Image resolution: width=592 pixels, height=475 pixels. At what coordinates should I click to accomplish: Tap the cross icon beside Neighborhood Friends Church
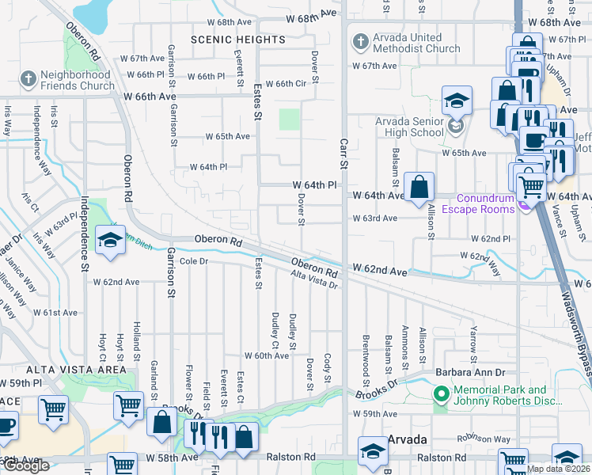pos(28,79)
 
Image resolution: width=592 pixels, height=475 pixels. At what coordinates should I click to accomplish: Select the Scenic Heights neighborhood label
pos(237,40)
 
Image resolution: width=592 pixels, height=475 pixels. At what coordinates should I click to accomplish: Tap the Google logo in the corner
pos(26,466)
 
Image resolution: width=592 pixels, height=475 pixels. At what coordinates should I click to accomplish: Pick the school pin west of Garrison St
pos(109,241)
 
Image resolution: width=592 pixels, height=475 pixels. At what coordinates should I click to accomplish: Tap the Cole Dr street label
pos(194,260)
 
